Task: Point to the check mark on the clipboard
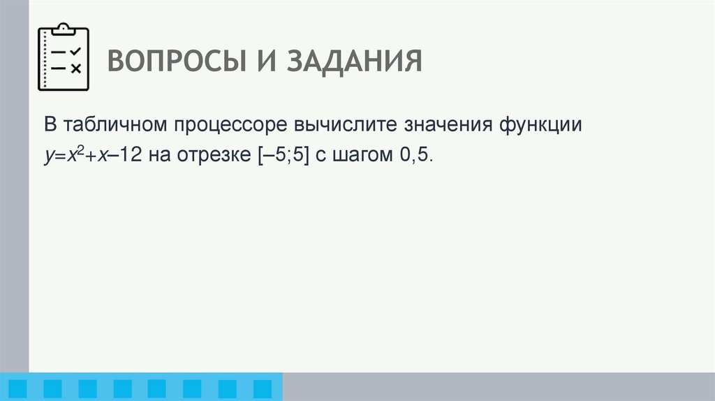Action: (x=76, y=51)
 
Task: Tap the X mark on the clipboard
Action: (x=76, y=68)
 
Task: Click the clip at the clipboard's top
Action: (x=63, y=29)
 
